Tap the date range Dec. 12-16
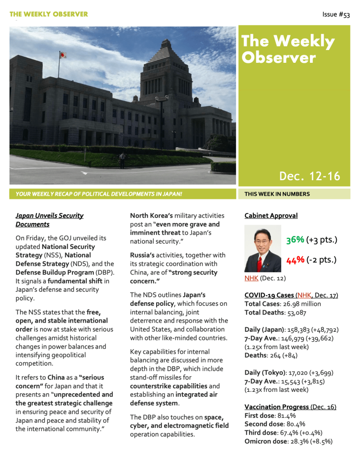(x=309, y=176)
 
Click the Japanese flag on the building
(x=63, y=55)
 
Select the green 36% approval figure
(x=295, y=240)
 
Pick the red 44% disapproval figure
(x=295, y=260)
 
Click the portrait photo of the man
(x=263, y=248)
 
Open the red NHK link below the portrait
(x=251, y=278)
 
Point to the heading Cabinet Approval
(x=271, y=216)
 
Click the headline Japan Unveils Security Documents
(x=50, y=220)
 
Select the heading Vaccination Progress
(x=277, y=407)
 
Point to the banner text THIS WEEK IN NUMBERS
(x=277, y=194)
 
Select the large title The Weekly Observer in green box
(x=288, y=49)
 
